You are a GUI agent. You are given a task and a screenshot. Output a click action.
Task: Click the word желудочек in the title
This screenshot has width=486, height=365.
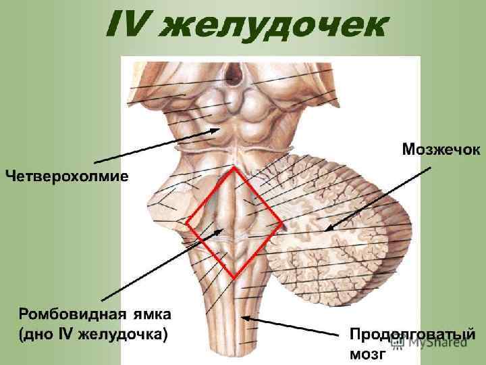click(x=277, y=26)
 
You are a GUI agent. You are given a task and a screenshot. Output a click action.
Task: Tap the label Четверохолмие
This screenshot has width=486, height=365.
click(x=67, y=176)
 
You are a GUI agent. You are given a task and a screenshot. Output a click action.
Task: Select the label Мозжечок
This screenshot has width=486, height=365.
click(x=441, y=149)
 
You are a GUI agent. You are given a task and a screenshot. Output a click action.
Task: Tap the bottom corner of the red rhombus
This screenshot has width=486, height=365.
click(x=234, y=278)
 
